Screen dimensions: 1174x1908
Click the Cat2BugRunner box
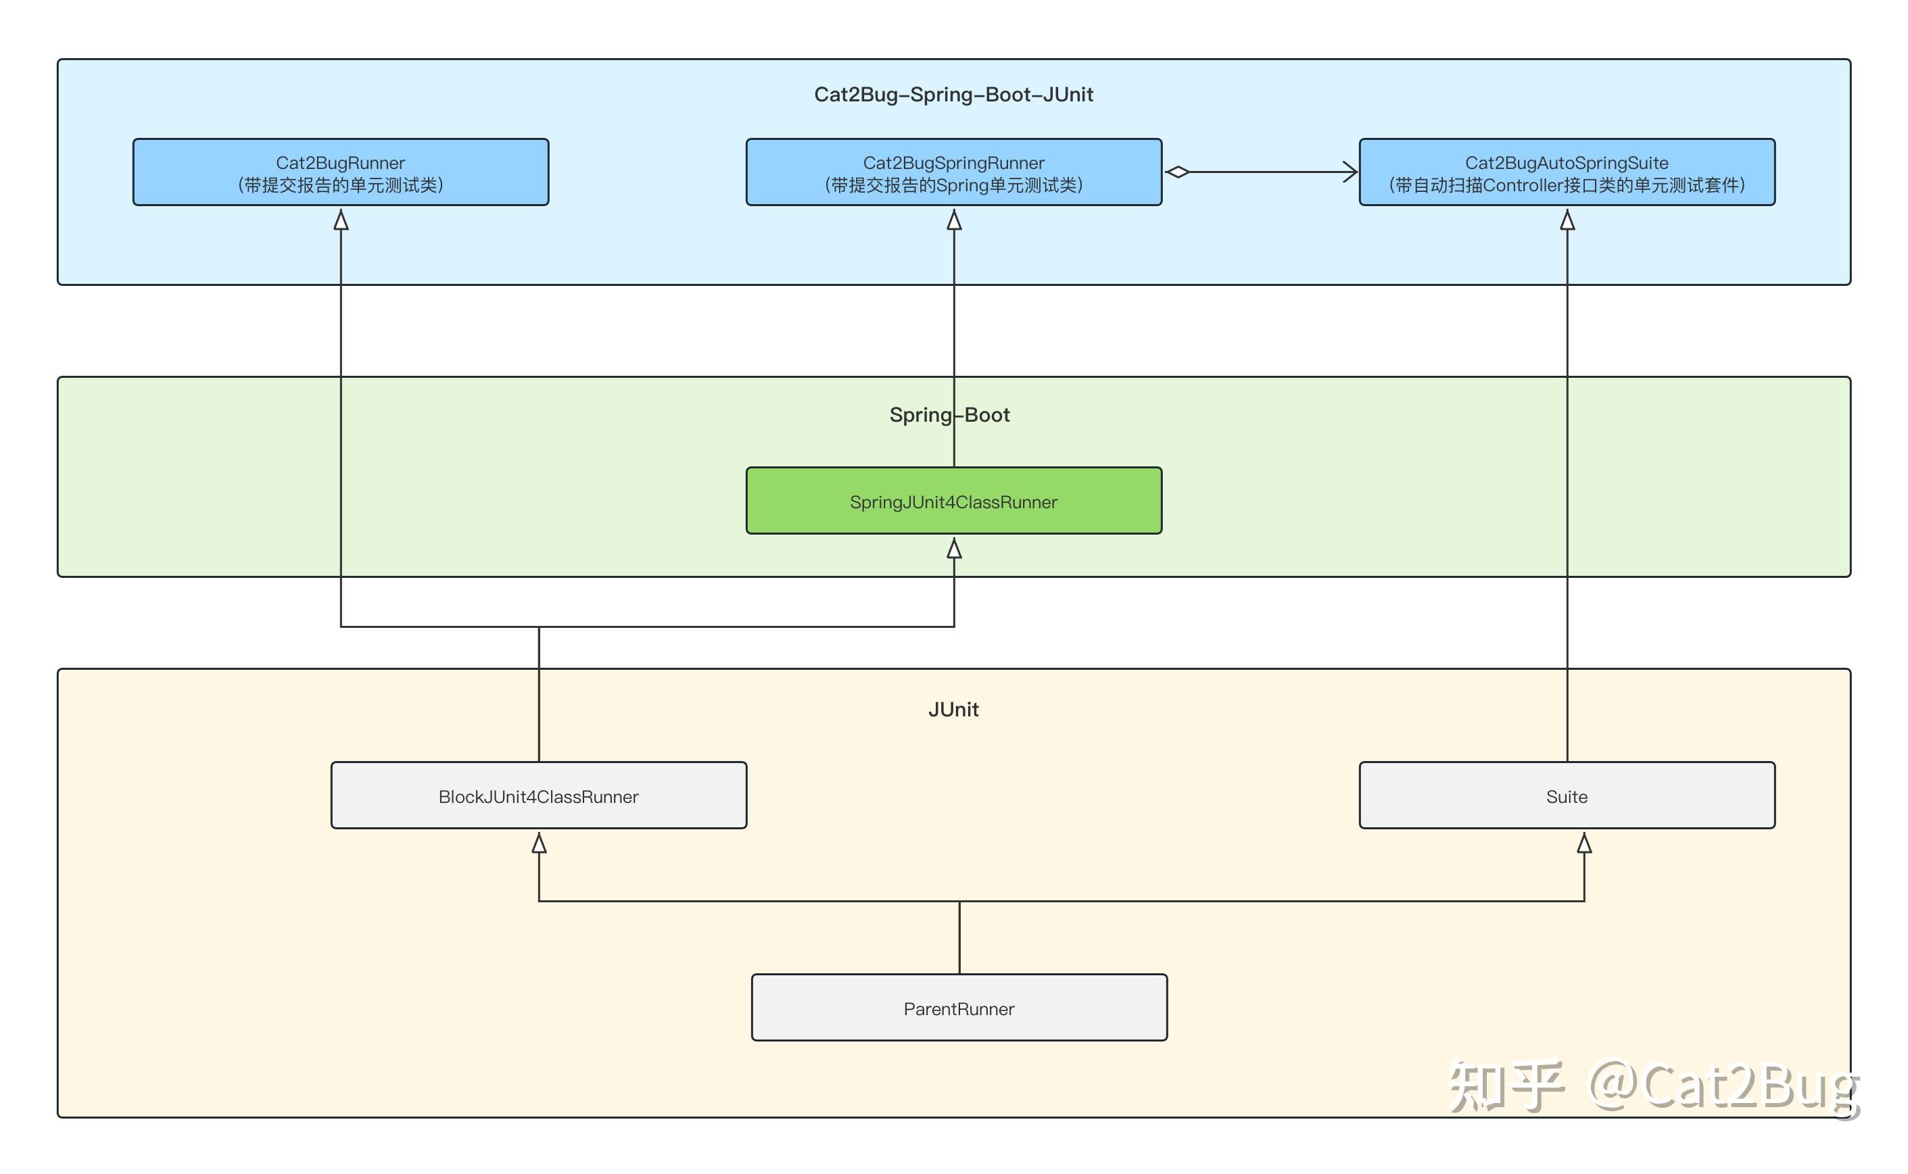pos(340,172)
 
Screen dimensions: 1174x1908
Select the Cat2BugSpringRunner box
pos(953,172)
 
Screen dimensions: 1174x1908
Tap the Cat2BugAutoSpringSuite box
pos(1567,172)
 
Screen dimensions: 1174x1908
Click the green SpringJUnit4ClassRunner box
pos(953,501)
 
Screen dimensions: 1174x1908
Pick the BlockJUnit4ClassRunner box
pos(538,796)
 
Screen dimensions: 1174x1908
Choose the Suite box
pos(1567,796)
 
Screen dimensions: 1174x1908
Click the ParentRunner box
pos(958,1008)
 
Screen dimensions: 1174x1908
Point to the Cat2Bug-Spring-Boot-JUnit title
pos(953,95)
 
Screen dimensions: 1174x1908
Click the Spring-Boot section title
pos(949,414)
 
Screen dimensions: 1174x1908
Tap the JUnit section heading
pos(953,709)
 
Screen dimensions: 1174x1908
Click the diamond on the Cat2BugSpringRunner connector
pos(1177,172)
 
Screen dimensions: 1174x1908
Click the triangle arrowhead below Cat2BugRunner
pos(340,220)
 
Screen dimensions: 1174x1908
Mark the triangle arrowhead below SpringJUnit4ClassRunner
pos(953,549)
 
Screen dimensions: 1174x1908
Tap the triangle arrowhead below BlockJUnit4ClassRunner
pos(538,843)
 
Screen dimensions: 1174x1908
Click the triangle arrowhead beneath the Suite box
pos(1584,843)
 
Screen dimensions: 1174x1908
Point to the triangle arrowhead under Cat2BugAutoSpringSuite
pos(1567,220)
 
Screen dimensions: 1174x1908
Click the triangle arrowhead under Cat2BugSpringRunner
pos(953,220)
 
